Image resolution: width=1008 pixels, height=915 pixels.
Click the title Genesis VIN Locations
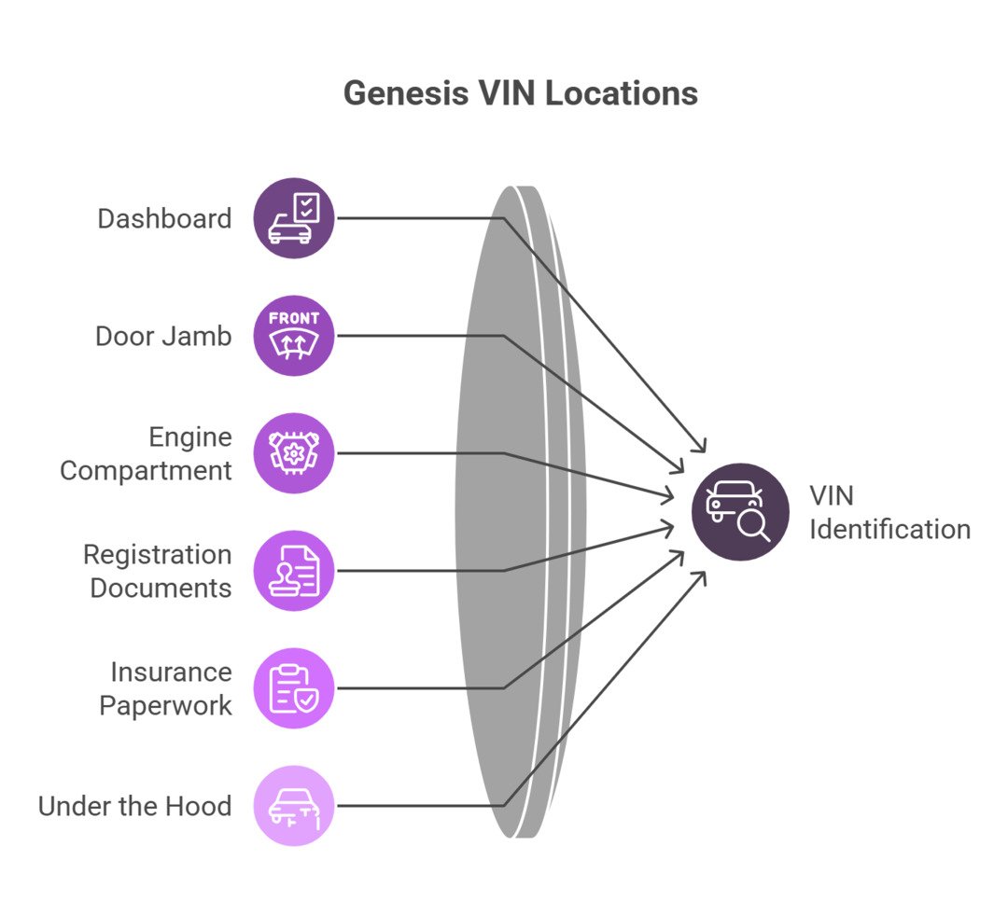click(x=520, y=93)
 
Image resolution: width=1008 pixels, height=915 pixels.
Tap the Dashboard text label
click(x=164, y=219)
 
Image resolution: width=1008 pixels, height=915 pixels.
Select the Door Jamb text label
click(x=163, y=337)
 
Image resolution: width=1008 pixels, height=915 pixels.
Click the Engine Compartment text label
click(x=147, y=454)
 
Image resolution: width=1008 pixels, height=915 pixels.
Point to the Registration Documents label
click(x=158, y=572)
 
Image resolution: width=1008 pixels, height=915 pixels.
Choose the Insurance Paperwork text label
click(x=166, y=689)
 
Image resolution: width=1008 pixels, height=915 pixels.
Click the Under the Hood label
click(x=134, y=806)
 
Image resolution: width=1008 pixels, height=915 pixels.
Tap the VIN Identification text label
click(x=889, y=512)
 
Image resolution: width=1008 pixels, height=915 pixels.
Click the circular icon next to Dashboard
click(x=294, y=218)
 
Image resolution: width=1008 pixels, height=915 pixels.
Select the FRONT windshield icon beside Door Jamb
click(x=294, y=336)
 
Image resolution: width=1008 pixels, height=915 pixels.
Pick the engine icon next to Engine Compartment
click(x=294, y=453)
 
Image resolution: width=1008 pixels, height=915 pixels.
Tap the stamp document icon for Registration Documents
click(x=294, y=571)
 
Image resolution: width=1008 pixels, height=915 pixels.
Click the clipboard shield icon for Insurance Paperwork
click(x=294, y=688)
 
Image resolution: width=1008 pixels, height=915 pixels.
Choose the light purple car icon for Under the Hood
click(x=294, y=806)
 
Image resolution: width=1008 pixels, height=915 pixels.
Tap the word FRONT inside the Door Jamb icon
click(x=294, y=319)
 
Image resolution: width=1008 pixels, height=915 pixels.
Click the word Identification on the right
click(x=889, y=530)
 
